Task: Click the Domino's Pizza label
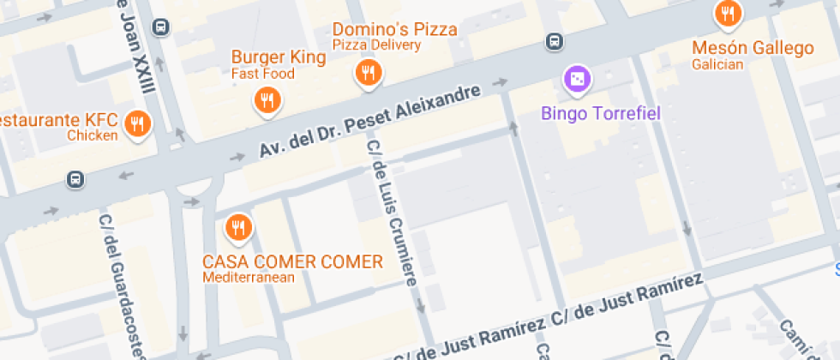394,29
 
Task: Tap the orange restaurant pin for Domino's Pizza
369,74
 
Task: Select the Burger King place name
279,57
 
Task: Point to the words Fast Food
262,74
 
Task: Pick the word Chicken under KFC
92,135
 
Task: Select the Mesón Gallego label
753,48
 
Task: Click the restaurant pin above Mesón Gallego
728,13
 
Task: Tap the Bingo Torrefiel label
601,112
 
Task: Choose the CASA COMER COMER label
292,261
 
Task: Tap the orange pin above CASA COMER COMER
237,227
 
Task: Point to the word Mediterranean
249,277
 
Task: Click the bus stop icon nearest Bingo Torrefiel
555,41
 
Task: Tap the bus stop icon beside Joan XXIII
160,27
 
